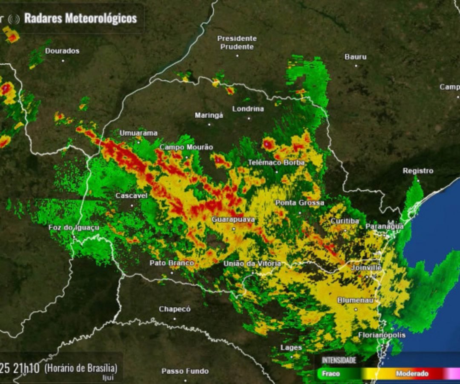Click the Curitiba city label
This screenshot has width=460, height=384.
coord(345,221)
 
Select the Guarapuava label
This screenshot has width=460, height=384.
coord(233,219)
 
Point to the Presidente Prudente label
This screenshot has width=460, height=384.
coord(237,43)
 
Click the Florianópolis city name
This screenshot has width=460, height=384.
coord(382,335)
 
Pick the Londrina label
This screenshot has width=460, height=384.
coord(248,109)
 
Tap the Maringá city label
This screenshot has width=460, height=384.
coord(209,115)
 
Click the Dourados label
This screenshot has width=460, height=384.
coord(62,51)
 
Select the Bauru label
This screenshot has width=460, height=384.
coord(355,56)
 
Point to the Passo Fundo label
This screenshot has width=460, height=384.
coord(185,371)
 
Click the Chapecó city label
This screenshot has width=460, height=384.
coord(175,309)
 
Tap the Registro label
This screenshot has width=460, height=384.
coord(418,171)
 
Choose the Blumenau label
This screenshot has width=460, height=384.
coord(355,300)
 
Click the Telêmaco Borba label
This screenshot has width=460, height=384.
coord(276,163)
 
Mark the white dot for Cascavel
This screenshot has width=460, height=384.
coord(132,205)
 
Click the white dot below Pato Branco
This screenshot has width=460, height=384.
coord(172,272)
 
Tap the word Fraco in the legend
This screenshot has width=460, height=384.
coord(331,374)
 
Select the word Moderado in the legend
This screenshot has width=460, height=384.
coord(412,374)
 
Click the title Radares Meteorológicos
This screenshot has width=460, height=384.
coord(80,18)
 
